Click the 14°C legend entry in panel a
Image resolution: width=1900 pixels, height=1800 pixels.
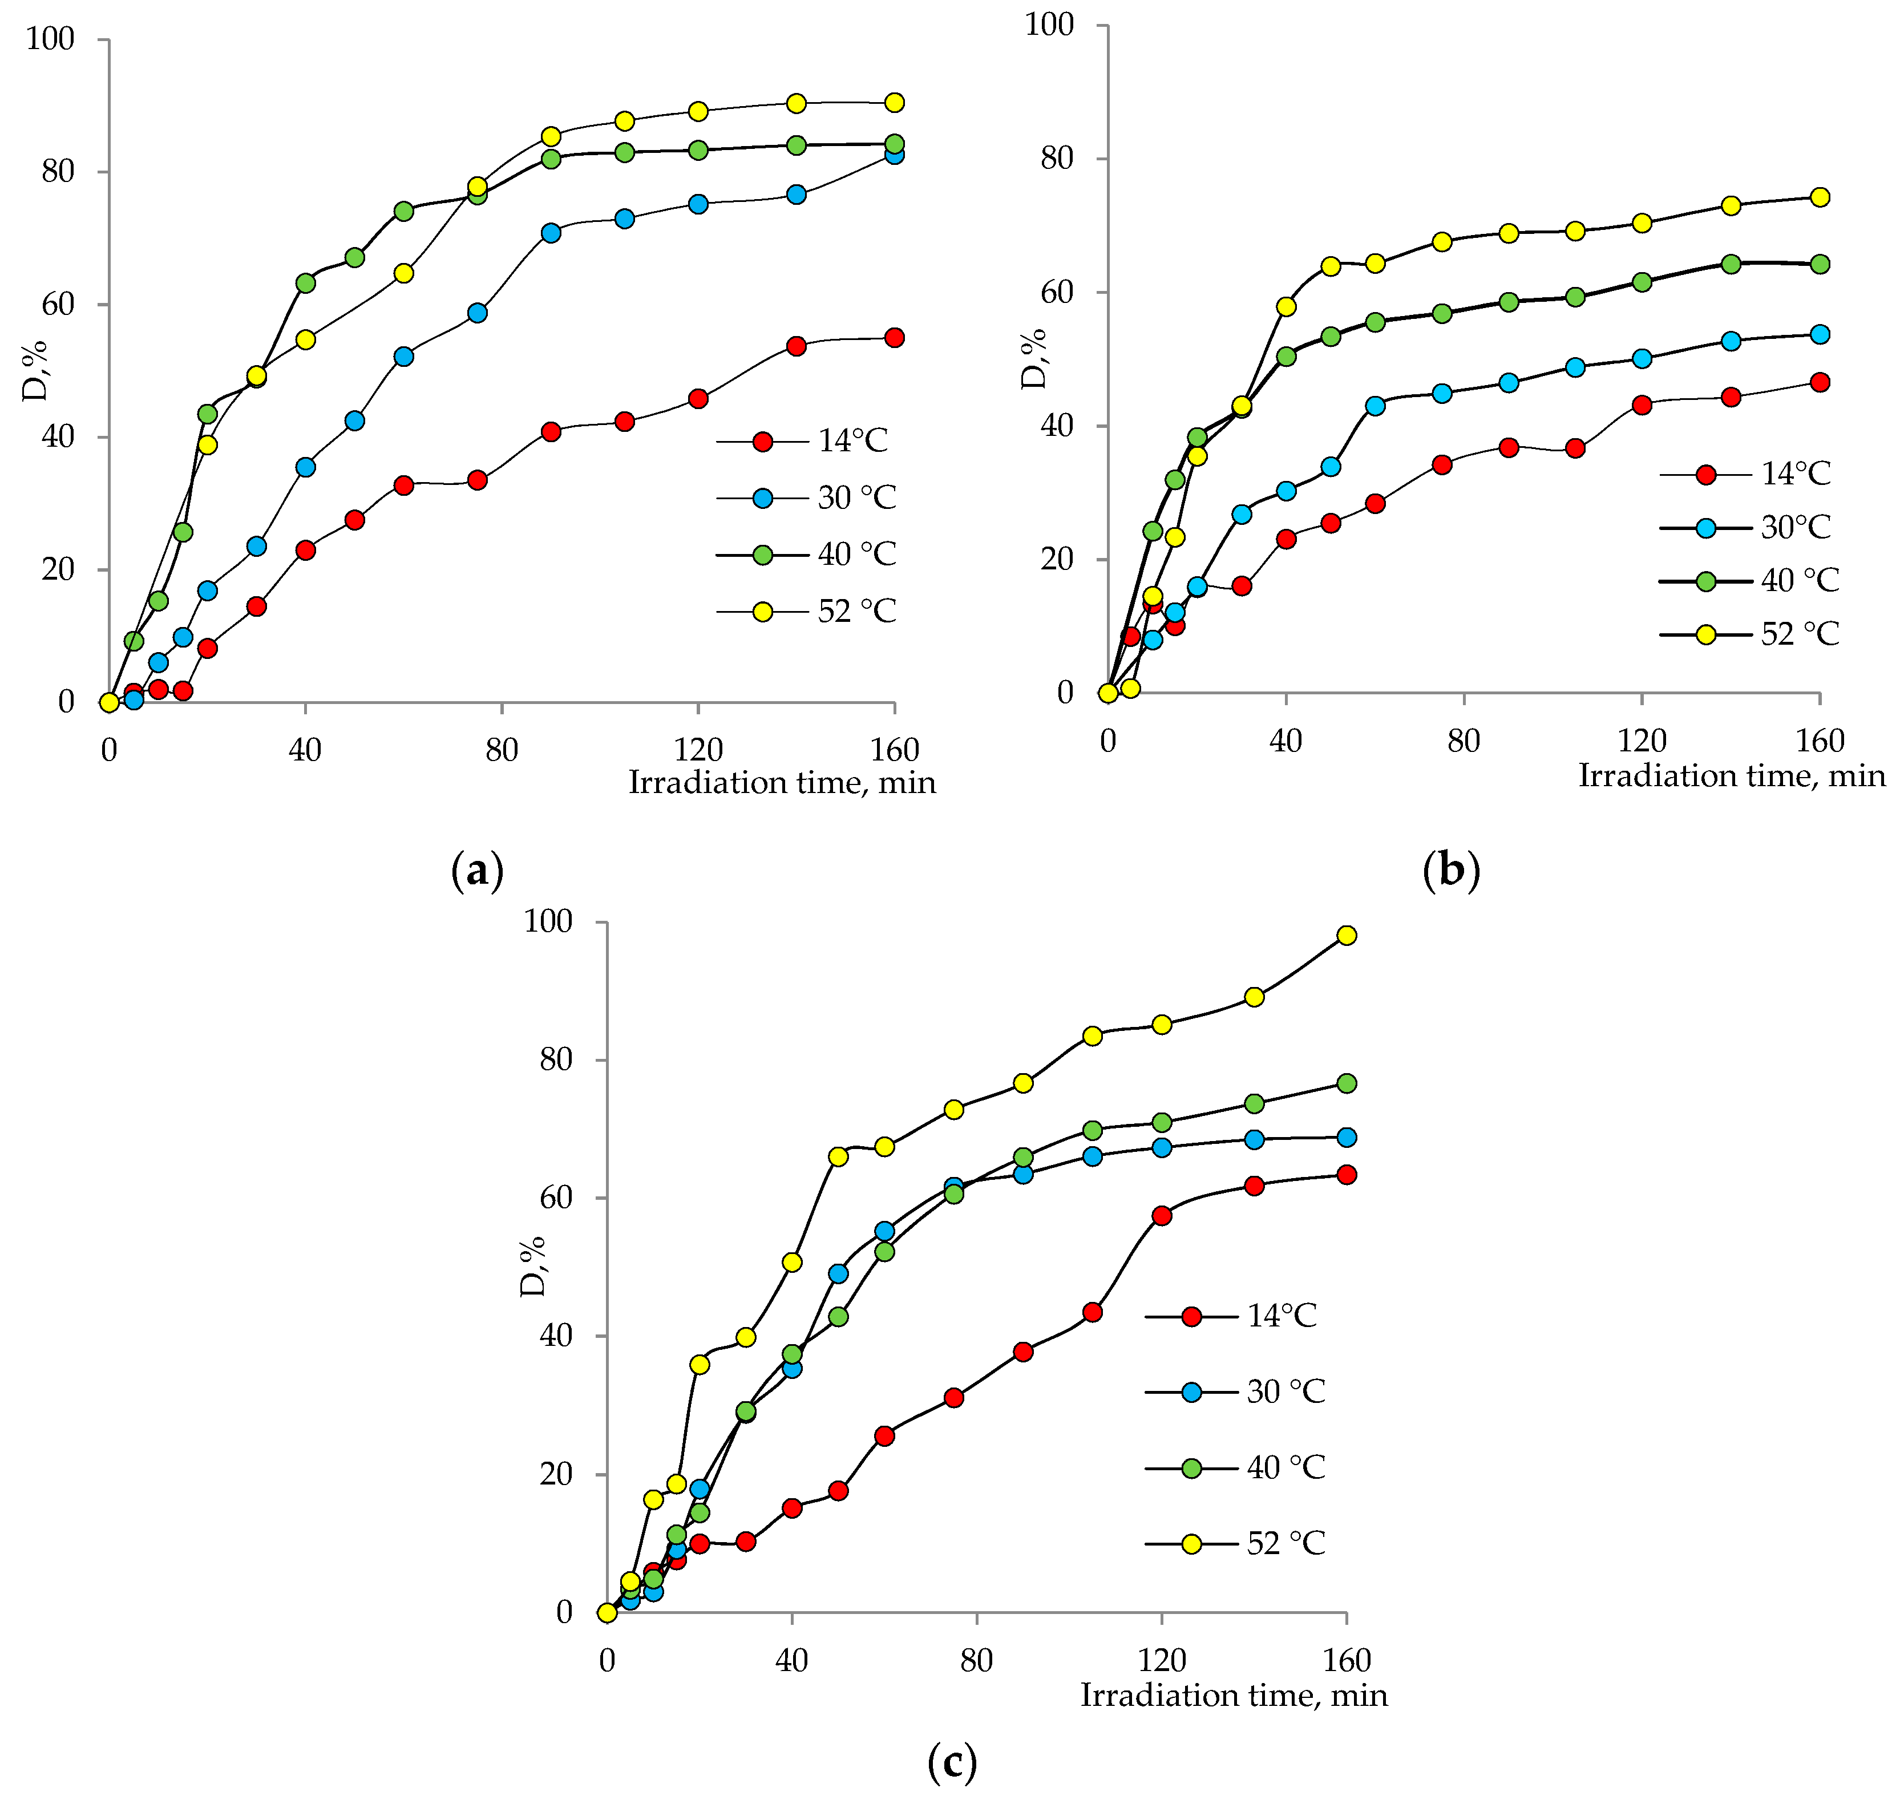(x=851, y=442)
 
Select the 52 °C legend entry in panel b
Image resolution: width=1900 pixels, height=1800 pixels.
(x=1798, y=634)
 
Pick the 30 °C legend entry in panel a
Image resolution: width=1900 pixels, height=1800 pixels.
(x=856, y=498)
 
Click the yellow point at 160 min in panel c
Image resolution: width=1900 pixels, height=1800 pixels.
(x=1347, y=936)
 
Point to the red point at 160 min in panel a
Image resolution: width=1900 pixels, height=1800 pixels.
(x=894, y=338)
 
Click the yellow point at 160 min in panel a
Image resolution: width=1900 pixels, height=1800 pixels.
(x=894, y=103)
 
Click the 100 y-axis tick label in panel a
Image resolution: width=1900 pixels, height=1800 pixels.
(x=50, y=39)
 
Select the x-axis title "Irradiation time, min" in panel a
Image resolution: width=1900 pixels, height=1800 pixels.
(x=782, y=783)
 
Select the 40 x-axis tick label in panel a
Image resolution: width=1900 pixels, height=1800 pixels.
(x=305, y=750)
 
